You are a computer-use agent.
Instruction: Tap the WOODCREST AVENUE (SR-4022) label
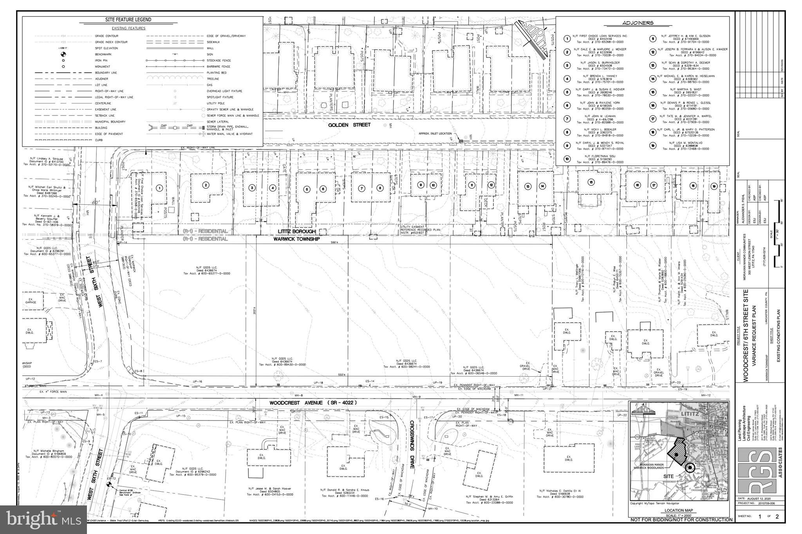312,403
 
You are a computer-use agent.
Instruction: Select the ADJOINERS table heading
642,23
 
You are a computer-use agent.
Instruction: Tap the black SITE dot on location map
690,467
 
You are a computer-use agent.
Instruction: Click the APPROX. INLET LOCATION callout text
435,133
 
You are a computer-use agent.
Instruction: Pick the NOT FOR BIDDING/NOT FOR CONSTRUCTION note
681,520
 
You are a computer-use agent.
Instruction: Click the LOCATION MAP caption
678,511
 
